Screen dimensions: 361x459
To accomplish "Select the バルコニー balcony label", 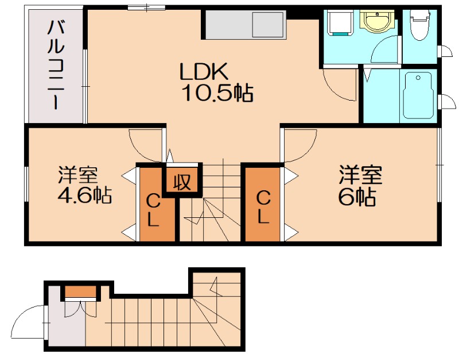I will [x=55, y=64].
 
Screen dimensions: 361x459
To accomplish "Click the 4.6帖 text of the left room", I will [x=84, y=195].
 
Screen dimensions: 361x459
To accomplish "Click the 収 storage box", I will [x=182, y=182].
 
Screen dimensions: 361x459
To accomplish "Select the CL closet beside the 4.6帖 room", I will [x=154, y=211].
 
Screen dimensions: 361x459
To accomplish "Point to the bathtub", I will [x=418, y=95].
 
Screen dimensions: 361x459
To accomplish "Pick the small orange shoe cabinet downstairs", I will [x=80, y=292].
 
